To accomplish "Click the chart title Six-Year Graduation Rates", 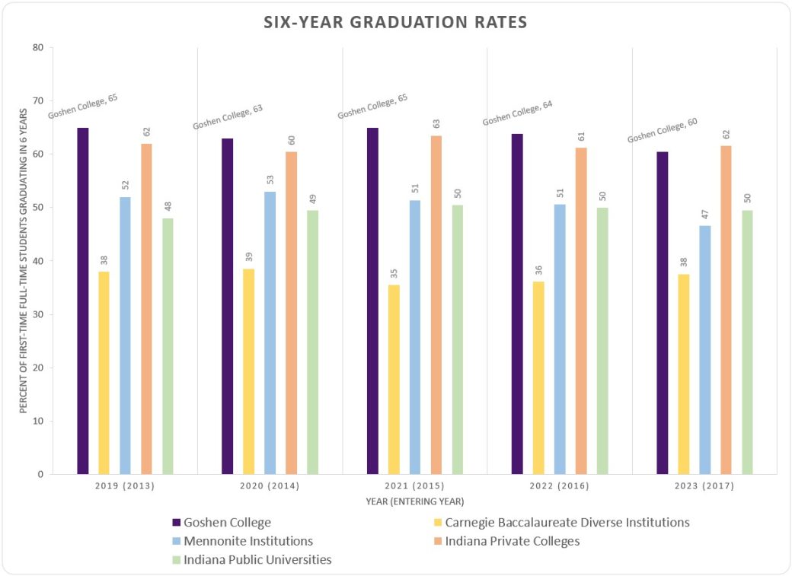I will pos(395,22).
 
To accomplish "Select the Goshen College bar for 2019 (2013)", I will pos(82,301).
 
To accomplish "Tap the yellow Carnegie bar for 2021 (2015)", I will pos(394,379).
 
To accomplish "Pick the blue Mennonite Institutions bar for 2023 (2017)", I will pos(704,349).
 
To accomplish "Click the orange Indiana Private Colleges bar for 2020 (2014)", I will pos(291,313).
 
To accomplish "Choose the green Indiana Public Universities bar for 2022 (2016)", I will pos(602,340).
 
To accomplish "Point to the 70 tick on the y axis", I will pos(37,101).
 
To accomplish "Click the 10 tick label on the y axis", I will pos(37,422).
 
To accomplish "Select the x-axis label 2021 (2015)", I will pos(414,486).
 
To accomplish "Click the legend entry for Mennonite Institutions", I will pos(248,542).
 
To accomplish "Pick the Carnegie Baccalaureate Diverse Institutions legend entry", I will pos(567,523).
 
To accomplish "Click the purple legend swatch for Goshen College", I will pos(177,523).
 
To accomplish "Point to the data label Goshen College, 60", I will pos(662,129).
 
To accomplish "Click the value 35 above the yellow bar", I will pos(394,274).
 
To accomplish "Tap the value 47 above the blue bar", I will pos(704,214).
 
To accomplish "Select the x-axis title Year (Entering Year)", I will pos(414,501).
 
